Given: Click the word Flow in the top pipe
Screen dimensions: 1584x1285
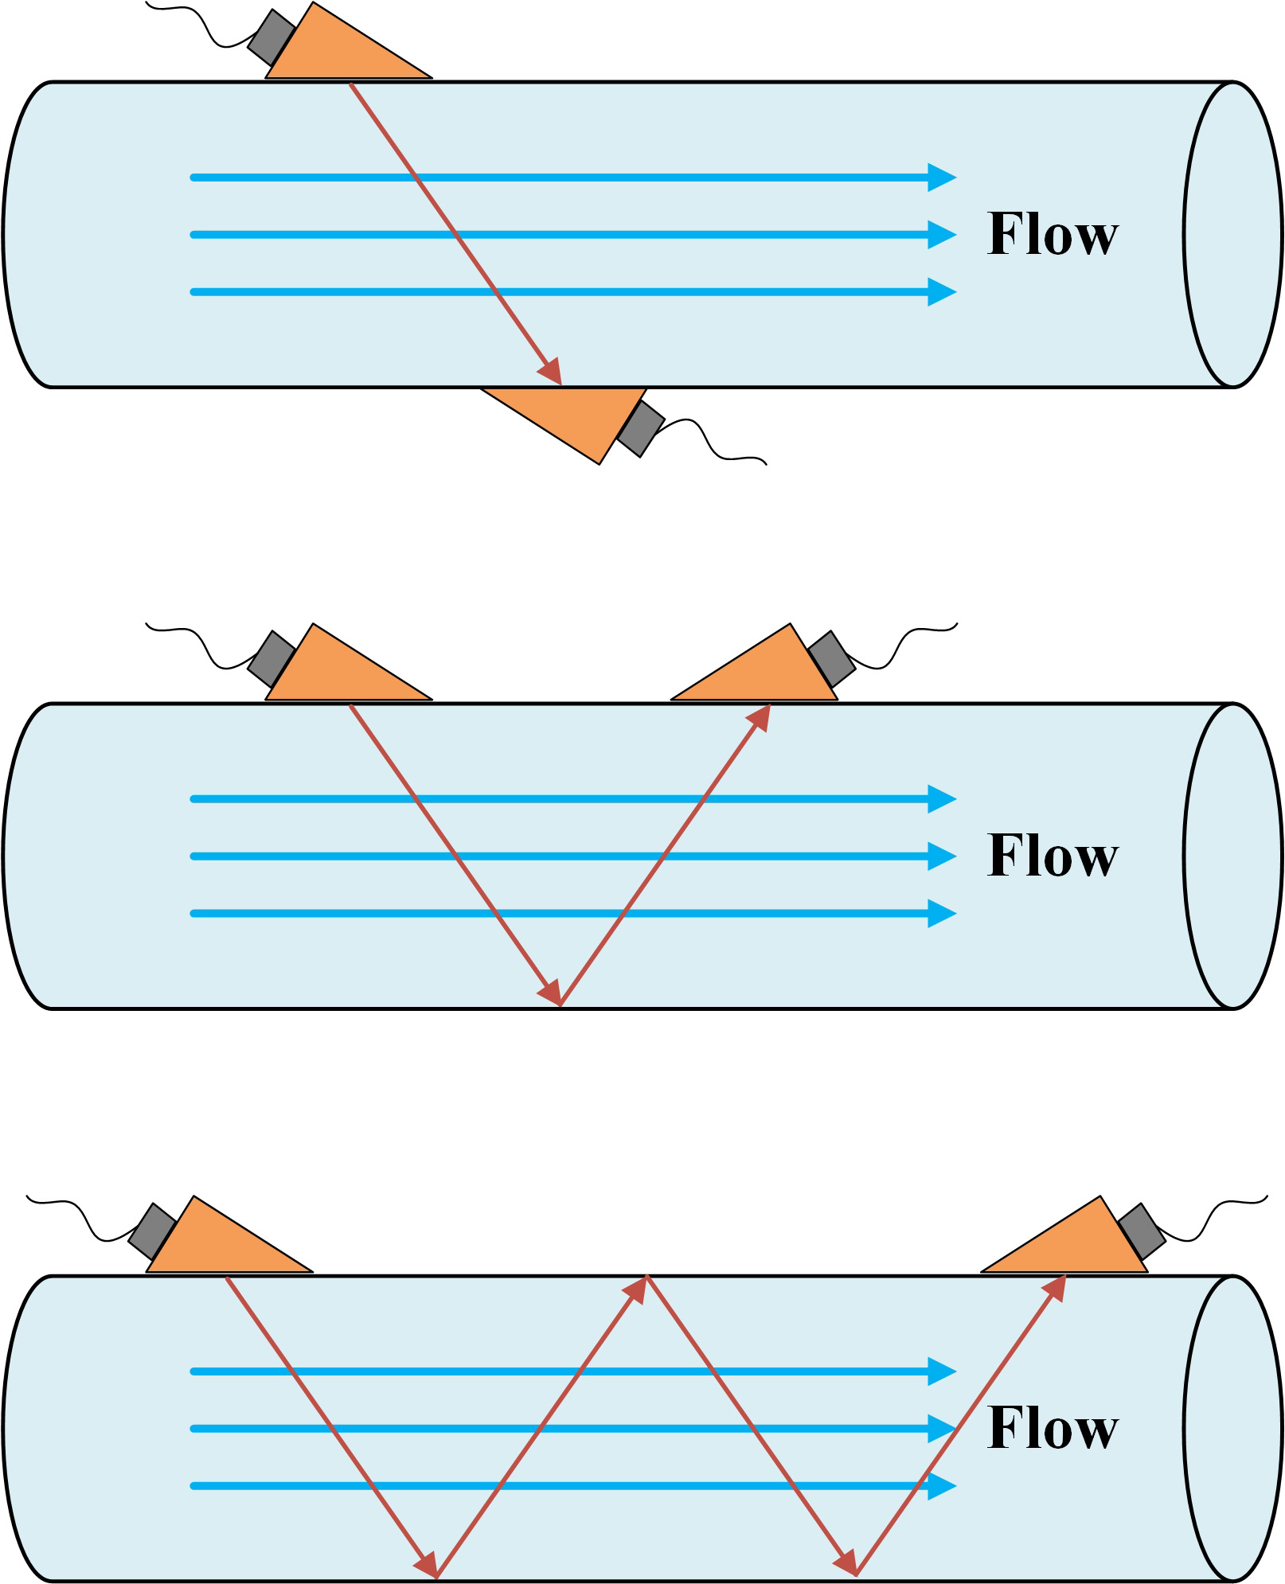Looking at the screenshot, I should click(1052, 235).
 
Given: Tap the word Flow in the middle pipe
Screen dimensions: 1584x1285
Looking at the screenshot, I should click(1052, 856).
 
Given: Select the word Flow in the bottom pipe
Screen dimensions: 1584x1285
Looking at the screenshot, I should click(1052, 1430).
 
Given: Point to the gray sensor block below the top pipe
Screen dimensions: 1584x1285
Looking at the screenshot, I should click(641, 429).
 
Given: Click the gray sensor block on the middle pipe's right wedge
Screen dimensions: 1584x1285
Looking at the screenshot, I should click(832, 658).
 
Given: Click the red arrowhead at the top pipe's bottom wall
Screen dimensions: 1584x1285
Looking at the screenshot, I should click(551, 372).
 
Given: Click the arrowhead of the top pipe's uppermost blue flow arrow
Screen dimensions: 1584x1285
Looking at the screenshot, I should click(942, 178).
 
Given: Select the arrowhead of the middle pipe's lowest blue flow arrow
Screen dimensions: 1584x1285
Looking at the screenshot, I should click(942, 914).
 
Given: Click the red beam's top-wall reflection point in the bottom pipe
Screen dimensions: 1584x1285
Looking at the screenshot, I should click(648, 1276).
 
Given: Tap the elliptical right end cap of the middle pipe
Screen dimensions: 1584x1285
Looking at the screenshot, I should click(1233, 856).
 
